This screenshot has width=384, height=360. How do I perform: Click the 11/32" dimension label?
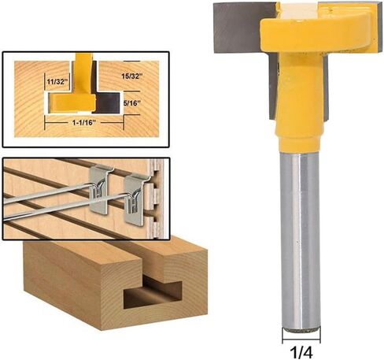click(57, 82)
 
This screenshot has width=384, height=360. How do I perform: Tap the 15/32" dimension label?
click(132, 76)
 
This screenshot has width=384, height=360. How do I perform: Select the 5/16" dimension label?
click(131, 103)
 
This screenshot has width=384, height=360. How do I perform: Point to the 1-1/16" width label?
click(84, 122)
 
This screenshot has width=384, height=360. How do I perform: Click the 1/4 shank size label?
click(301, 352)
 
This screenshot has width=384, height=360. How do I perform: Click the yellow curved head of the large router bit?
click(317, 32)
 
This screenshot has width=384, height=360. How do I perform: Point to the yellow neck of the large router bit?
click(300, 101)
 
